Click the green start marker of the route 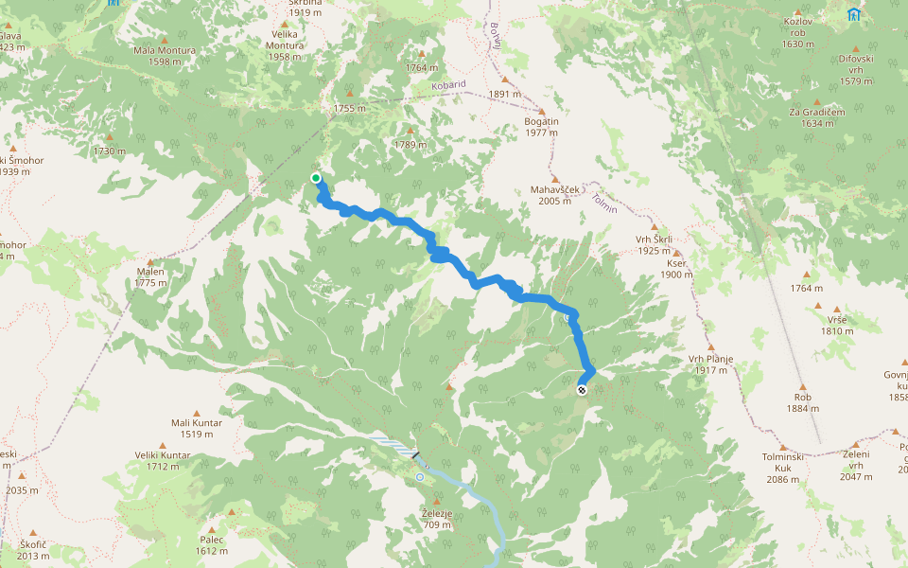(316, 178)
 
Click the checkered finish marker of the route (582, 390)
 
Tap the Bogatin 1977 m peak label (541, 127)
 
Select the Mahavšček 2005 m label (554, 194)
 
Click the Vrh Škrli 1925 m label (655, 245)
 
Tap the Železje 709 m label (436, 519)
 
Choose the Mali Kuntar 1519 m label (196, 428)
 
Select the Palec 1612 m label (212, 545)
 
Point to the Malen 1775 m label (150, 276)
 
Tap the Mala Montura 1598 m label (165, 56)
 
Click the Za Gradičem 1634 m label (816, 116)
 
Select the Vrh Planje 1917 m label (711, 364)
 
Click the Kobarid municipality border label (447, 84)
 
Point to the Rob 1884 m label (803, 402)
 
